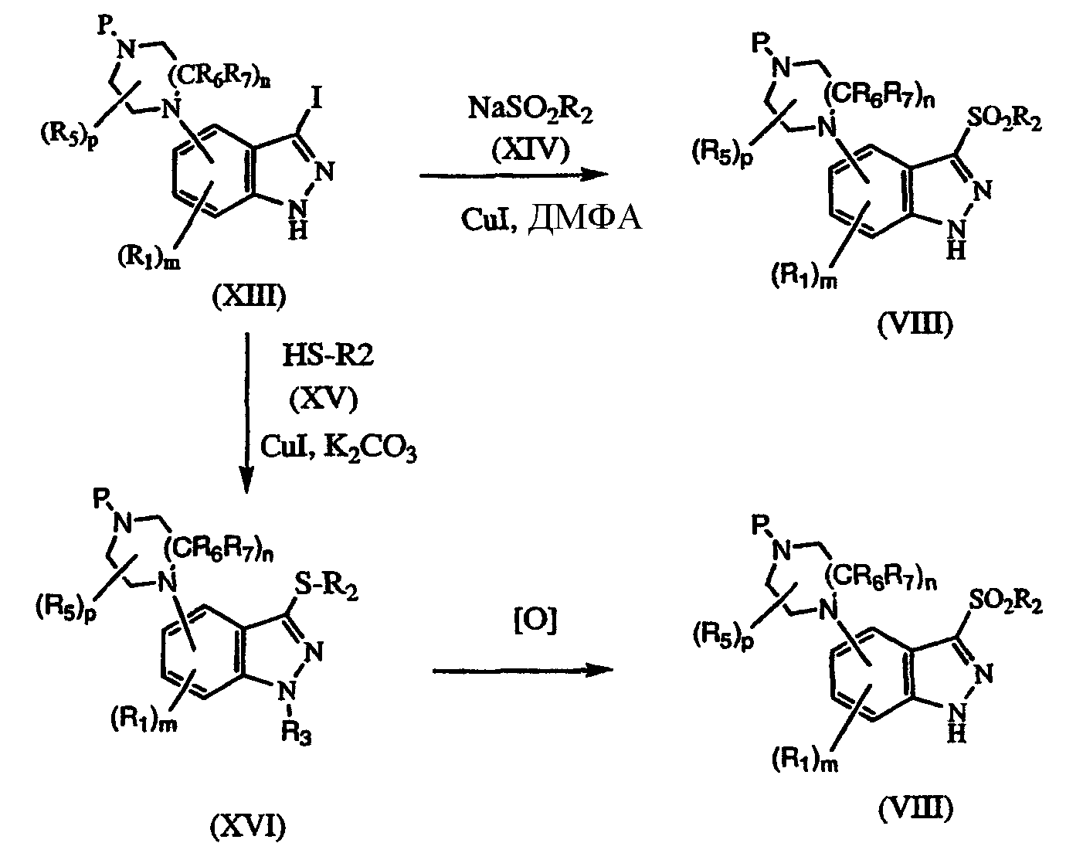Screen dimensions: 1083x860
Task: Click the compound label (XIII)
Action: tap(249, 296)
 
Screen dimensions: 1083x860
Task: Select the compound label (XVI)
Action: tap(248, 826)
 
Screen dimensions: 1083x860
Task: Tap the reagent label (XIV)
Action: tap(531, 150)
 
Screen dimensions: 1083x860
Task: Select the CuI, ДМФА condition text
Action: tap(552, 219)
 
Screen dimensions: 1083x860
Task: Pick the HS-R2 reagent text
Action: tap(328, 356)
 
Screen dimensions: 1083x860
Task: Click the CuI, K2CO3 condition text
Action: tap(338, 447)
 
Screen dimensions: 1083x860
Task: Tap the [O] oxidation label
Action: tap(535, 620)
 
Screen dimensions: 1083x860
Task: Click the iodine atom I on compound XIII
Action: tap(315, 98)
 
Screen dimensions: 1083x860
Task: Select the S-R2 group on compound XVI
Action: tap(326, 586)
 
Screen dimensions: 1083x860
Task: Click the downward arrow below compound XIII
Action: tap(246, 413)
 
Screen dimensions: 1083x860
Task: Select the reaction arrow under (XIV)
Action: tap(514, 175)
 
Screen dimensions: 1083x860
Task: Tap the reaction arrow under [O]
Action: tap(523, 670)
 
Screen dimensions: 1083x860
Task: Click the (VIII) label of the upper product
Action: tap(915, 325)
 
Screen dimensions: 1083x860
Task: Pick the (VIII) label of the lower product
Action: tap(916, 810)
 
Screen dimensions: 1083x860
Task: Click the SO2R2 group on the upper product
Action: tap(1004, 121)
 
